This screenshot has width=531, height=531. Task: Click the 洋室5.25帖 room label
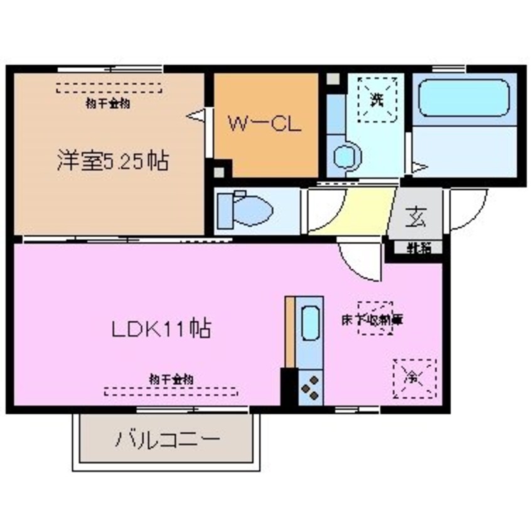coord(112,162)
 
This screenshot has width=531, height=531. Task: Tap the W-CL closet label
coord(264,124)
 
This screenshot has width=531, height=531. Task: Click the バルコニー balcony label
coord(166,438)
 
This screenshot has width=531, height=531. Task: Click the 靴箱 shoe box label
coord(416,249)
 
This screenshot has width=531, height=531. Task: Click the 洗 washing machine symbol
coord(376,99)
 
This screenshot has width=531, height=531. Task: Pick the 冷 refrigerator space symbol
coord(414,378)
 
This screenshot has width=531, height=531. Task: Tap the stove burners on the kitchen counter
coord(310,389)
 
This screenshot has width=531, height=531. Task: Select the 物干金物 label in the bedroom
coord(109,104)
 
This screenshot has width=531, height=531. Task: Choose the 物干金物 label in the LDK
coord(171,379)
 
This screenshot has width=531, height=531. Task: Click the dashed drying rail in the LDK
coord(171,392)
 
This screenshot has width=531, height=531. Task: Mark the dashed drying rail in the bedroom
coord(109,88)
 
